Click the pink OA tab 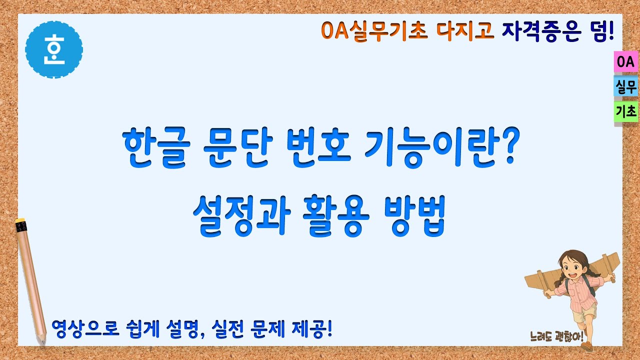coord(625,62)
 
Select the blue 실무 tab coord(625,87)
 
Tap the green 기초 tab coord(625,112)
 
